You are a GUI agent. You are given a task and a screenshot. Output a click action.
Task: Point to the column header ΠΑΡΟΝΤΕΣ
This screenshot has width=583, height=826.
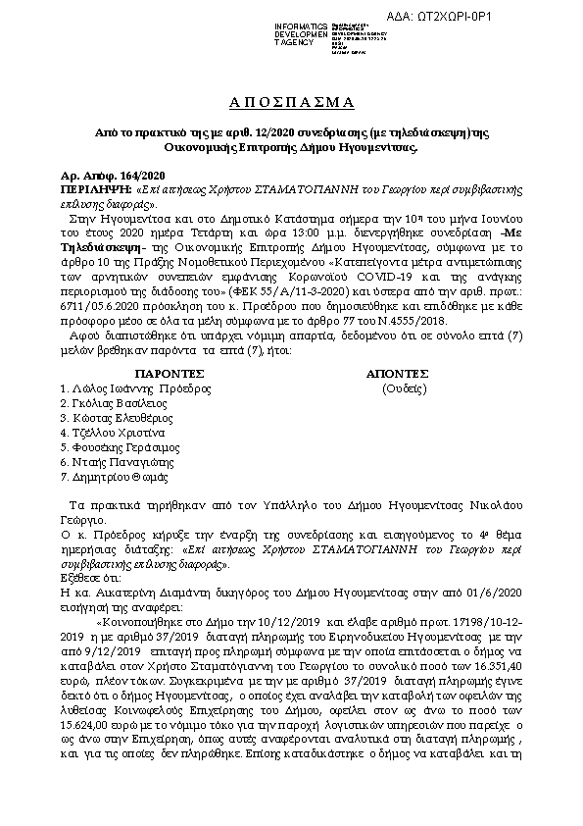click(x=170, y=374)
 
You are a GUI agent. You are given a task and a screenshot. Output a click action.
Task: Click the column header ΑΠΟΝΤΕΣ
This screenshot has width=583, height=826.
click(x=397, y=374)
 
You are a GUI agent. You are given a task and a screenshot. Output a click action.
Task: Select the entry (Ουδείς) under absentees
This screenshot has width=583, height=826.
click(x=404, y=388)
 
